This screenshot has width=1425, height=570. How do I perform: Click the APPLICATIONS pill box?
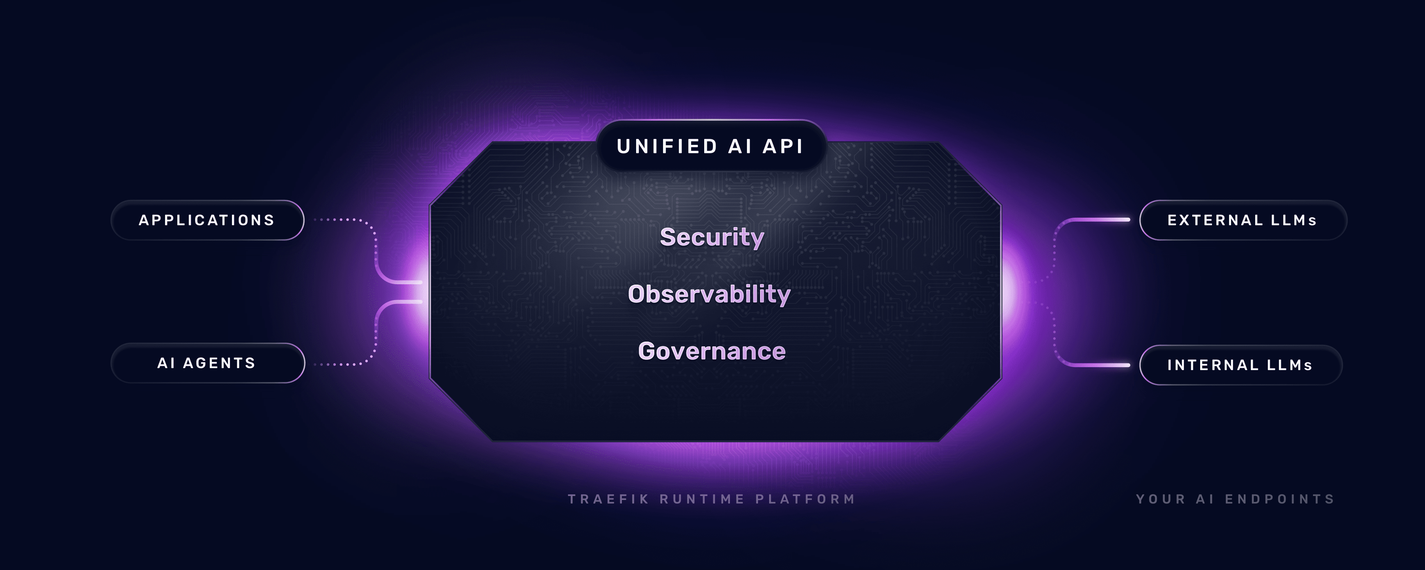click(x=207, y=220)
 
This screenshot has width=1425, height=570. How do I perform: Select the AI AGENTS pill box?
click(x=207, y=363)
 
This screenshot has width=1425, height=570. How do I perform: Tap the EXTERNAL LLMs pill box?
click(x=1243, y=220)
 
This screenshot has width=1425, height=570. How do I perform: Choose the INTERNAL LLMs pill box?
click(x=1240, y=365)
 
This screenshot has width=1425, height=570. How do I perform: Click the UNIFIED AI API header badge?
click(x=710, y=146)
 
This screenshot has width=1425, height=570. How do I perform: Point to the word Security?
click(x=712, y=237)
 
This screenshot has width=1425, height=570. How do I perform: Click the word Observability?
click(x=709, y=294)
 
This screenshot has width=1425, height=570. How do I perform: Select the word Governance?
click(x=711, y=351)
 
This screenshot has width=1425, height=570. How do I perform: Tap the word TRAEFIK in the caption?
click(x=608, y=499)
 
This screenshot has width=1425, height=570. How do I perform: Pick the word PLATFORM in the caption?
click(x=806, y=499)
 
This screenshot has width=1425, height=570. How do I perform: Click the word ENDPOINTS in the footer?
click(x=1280, y=499)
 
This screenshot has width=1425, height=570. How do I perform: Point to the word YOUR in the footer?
click(x=1161, y=499)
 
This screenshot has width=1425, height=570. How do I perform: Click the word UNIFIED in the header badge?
click(x=667, y=146)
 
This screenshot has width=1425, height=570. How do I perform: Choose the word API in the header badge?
click(x=783, y=146)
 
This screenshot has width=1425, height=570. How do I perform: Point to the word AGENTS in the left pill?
click(x=219, y=363)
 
